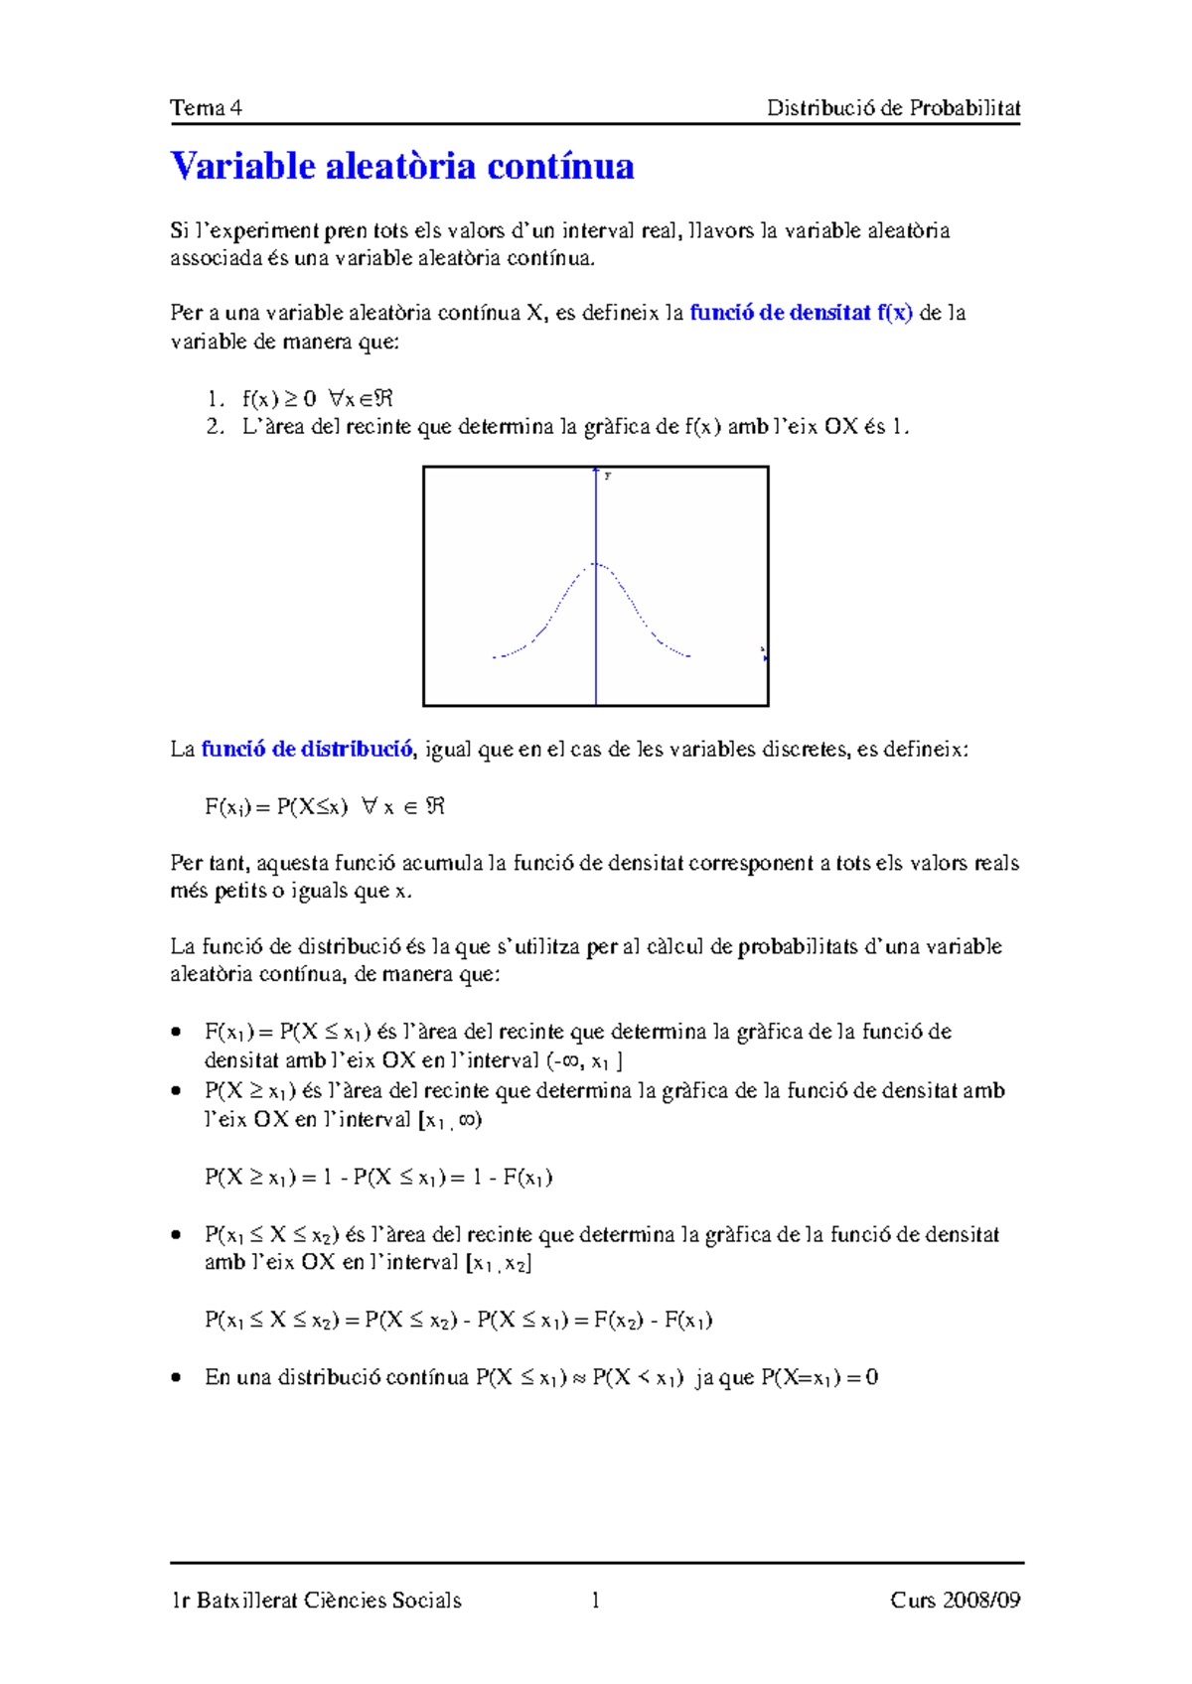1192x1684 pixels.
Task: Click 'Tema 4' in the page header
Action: [x=206, y=108]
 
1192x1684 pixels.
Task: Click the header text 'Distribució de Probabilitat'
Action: [x=893, y=108]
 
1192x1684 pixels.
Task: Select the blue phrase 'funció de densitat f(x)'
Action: [x=801, y=313]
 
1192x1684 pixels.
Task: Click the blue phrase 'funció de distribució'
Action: [x=307, y=750]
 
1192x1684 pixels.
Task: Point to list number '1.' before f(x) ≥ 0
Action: [x=216, y=399]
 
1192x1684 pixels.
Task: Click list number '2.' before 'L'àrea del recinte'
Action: [x=216, y=427]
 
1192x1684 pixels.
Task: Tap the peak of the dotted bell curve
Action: [x=596, y=564]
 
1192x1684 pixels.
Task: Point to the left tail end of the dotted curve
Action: [x=495, y=657]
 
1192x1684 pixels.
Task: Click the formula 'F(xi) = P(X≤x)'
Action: [x=277, y=807]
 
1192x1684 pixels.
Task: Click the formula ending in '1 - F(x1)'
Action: [x=378, y=1178]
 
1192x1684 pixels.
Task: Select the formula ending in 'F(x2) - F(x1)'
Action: [x=458, y=1321]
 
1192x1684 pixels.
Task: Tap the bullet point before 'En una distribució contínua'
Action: [x=177, y=1378]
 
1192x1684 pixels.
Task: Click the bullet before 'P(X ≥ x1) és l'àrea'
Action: [x=177, y=1091]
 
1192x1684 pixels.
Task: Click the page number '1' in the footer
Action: [x=595, y=1600]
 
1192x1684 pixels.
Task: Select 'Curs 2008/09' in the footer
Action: [x=955, y=1600]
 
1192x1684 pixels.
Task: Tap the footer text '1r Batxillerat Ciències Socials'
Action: [x=316, y=1600]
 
